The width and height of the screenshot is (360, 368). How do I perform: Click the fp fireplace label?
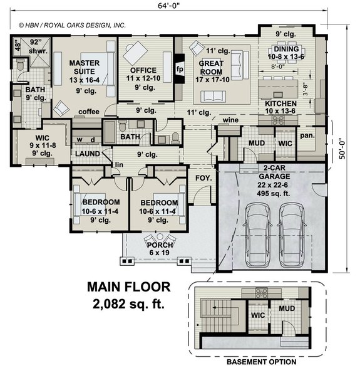[180, 68]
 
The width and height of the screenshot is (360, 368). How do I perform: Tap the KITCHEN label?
[281, 103]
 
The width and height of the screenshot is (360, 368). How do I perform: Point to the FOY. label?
[203, 178]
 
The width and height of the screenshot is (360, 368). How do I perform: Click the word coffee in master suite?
[89, 112]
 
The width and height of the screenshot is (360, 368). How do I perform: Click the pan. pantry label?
[308, 135]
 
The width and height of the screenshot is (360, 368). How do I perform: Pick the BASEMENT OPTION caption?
[260, 362]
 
